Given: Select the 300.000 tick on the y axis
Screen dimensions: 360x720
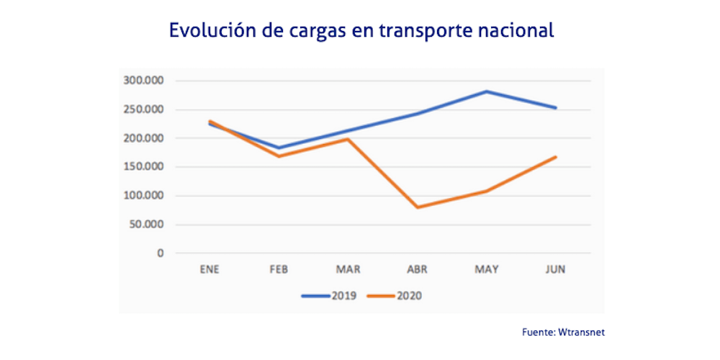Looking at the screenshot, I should tap(144, 81).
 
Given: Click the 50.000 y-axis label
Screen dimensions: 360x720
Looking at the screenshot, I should tap(146, 225).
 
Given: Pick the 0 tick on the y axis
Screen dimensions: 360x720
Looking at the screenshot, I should tap(161, 253).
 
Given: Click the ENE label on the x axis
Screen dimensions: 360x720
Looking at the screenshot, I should tap(209, 269).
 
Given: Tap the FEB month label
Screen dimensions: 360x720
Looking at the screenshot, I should tap(279, 269).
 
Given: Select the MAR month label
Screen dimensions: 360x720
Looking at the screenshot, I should tap(348, 269).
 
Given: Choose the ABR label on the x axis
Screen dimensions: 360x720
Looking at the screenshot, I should tap(418, 269).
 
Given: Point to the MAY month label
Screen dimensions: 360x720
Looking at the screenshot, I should tap(487, 269).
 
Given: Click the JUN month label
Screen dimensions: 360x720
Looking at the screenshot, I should tap(556, 269).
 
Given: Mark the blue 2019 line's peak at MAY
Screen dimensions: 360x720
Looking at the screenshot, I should tap(487, 91).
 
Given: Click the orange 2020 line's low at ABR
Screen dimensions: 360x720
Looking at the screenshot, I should tap(418, 207).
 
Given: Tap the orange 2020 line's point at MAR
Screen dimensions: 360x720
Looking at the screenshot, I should tap(348, 139).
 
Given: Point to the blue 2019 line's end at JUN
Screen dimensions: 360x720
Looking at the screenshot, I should tap(556, 108).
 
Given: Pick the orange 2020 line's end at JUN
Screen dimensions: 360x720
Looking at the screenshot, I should tap(556, 157).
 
